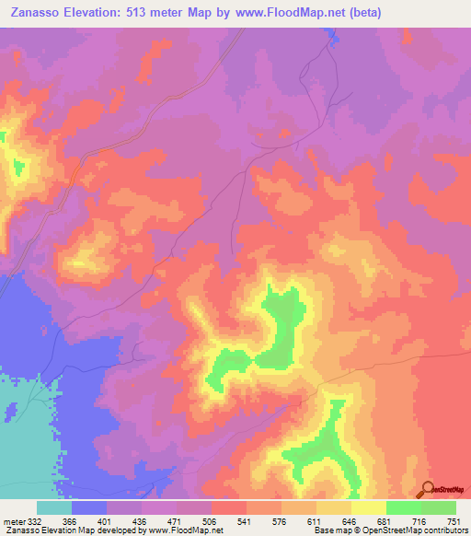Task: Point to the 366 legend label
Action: point(67,520)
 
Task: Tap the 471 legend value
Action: point(176,520)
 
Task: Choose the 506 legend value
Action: point(209,520)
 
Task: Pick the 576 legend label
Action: point(280,520)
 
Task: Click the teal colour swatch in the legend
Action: point(54,507)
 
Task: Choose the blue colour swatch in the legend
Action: point(89,507)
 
